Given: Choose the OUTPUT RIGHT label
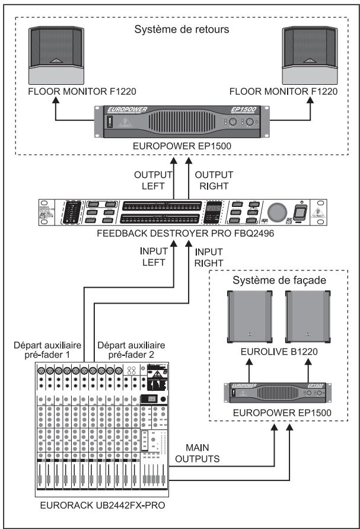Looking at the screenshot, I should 215,180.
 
